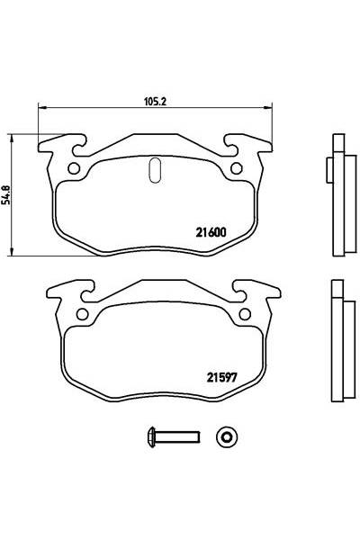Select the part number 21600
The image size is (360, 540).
click(x=211, y=230)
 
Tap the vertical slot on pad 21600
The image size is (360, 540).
click(x=154, y=169)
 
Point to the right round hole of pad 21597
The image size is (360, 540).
click(x=242, y=314)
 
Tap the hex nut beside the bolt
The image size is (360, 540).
click(x=225, y=438)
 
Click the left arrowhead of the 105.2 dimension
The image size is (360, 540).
click(x=40, y=106)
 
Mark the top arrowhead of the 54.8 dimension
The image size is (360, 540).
click(x=11, y=136)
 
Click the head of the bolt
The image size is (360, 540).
click(x=149, y=438)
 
